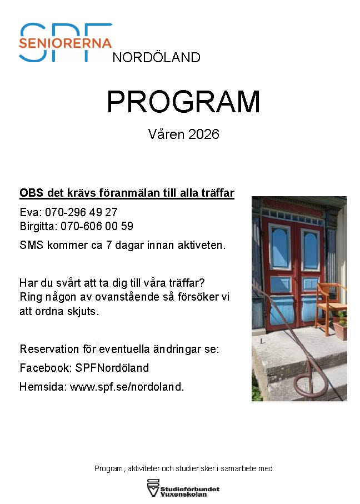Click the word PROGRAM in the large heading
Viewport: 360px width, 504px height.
pos(183,102)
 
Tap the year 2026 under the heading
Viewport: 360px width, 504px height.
pos(204,134)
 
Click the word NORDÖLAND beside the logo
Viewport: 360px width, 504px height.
pos(157,58)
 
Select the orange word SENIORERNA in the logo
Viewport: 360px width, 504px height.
pos(65,43)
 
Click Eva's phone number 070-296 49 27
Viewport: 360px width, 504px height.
pos(81,212)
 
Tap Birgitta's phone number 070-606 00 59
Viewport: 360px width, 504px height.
pos(97,226)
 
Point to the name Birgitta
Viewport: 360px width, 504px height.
pos(38,227)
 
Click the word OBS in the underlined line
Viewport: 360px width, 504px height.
pos(32,193)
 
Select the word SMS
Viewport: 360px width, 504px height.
pos(32,245)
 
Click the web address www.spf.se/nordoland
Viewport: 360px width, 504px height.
pos(127,386)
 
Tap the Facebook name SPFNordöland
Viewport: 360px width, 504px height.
pos(112,368)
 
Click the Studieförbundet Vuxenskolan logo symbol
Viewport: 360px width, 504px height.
pos(153,487)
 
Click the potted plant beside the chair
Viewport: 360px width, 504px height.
pos(341,325)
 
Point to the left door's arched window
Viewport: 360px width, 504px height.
pos(279,247)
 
